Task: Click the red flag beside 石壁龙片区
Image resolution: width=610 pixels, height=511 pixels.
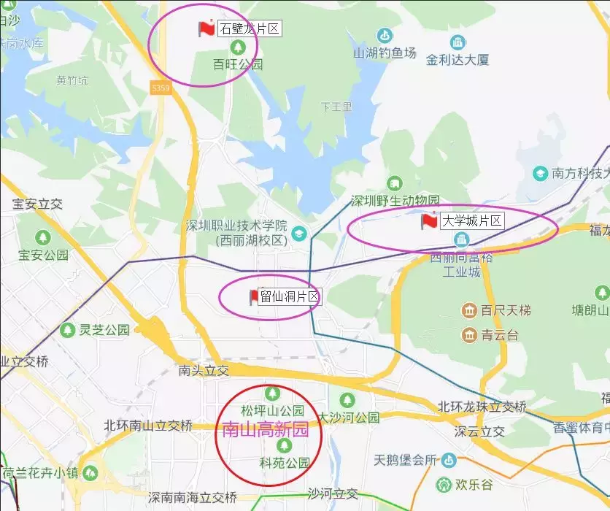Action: pos(206,28)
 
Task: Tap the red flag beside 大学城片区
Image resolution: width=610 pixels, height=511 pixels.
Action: pos(429,220)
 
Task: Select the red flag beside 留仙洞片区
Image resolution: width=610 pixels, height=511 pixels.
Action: pos(254,296)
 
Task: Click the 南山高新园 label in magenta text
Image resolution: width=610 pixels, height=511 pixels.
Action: pos(265,430)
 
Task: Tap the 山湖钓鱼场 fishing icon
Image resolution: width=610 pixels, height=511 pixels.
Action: pos(385,35)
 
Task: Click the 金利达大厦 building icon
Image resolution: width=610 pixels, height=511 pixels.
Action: pos(457,42)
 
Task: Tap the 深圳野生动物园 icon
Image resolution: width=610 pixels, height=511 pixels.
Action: pos(395,183)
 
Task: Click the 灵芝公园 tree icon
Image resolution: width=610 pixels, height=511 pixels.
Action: pos(67,330)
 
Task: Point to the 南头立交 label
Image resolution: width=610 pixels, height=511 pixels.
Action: pos(204,371)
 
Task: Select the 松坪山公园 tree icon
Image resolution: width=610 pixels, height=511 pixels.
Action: pos(272,393)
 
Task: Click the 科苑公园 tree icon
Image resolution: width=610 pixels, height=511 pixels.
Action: pos(284,445)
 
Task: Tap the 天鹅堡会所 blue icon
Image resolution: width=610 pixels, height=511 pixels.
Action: pos(448,460)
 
